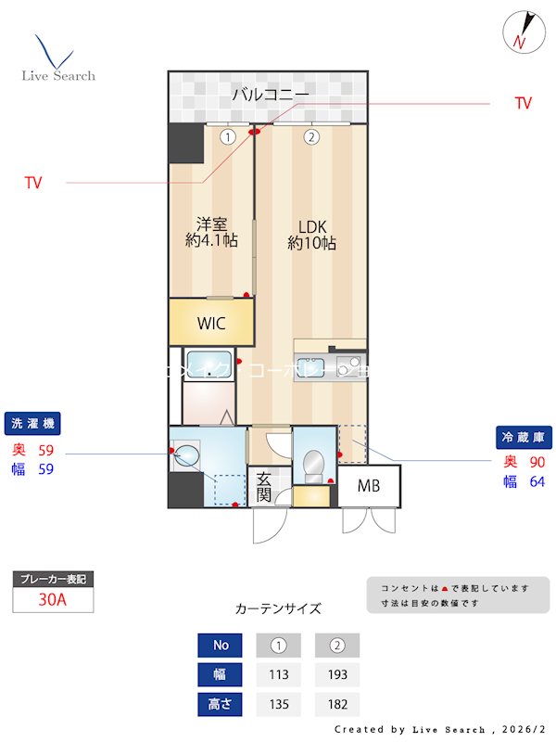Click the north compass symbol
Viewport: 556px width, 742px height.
[520, 32]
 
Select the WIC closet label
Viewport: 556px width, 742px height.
[210, 324]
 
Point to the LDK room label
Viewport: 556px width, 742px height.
[311, 235]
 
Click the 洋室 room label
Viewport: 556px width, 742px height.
[210, 232]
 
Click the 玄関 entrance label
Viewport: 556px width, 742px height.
[264, 486]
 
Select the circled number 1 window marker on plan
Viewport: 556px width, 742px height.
[227, 137]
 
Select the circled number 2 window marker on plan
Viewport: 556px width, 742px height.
[311, 137]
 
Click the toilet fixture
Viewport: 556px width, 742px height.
[313, 461]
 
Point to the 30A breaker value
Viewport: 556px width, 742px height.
[53, 599]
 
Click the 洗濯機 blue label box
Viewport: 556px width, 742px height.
[32, 424]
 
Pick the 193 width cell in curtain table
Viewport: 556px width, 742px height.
[336, 674]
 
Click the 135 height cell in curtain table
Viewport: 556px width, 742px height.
[279, 704]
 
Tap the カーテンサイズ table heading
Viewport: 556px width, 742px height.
[278, 609]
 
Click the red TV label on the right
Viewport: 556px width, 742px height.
[524, 104]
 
